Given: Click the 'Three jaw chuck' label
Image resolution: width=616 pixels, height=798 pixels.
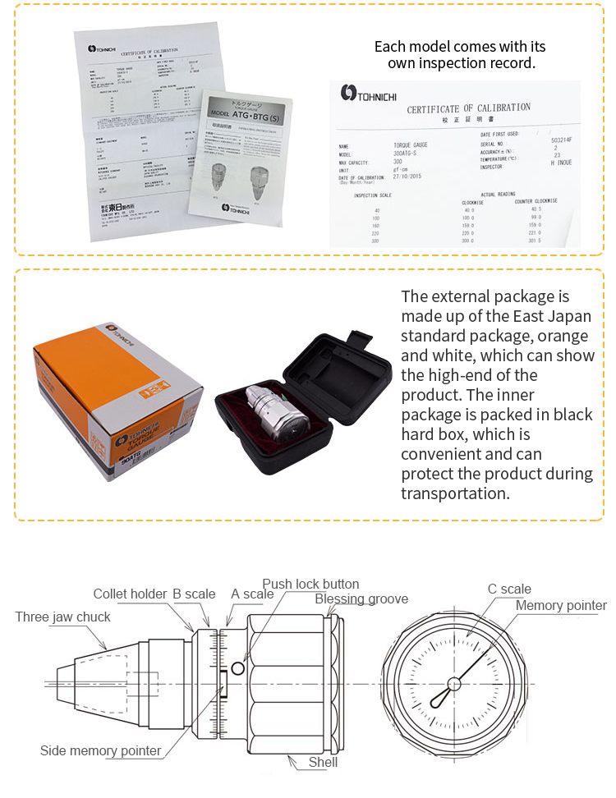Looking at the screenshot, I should (x=62, y=617).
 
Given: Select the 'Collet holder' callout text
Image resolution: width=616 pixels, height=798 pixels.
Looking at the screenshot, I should (x=130, y=594).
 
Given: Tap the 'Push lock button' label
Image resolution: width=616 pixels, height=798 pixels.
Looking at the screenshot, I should (x=310, y=584).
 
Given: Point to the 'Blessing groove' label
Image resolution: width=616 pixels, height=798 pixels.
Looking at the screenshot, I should (x=361, y=598).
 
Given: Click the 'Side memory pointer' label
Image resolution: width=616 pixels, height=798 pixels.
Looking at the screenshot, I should (x=101, y=750).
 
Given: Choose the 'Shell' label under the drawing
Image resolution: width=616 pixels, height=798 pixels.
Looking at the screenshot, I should (x=323, y=762).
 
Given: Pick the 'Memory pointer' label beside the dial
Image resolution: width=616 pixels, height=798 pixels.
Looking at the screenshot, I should (x=561, y=606).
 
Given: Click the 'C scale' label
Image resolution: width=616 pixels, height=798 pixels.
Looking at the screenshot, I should (x=509, y=589).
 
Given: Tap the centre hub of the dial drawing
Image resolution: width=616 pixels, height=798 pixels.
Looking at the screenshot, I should (x=453, y=684).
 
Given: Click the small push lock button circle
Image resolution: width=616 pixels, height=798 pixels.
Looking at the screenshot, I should (x=238, y=669).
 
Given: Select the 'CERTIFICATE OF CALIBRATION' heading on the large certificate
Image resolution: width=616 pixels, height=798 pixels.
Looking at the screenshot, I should (x=468, y=108).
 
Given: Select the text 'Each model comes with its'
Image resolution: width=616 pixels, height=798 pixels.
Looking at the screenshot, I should (x=459, y=46).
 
